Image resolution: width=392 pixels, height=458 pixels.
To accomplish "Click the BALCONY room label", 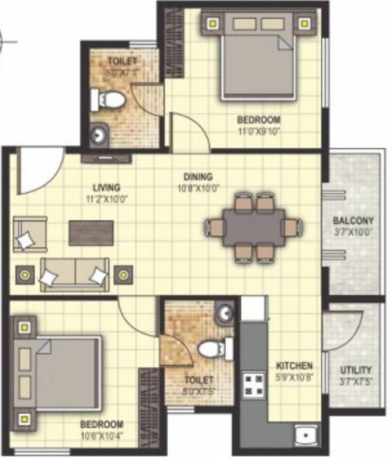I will click(x=353, y=220).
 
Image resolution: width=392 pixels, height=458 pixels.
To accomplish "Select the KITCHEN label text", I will click(x=294, y=365).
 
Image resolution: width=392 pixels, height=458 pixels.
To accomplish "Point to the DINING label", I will click(x=198, y=177).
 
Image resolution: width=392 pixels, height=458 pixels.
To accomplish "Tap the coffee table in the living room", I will click(x=91, y=233).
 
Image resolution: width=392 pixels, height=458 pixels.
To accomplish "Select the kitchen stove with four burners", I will click(x=253, y=385).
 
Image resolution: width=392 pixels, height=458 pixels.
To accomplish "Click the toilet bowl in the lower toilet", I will click(x=214, y=348).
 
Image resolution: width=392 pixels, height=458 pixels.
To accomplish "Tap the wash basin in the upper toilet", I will click(x=98, y=135).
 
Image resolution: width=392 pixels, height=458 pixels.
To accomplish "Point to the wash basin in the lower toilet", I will click(x=225, y=314).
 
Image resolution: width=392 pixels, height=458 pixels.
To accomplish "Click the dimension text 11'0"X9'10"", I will click(x=258, y=131).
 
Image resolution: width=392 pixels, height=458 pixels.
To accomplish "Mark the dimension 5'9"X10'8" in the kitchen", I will click(x=294, y=376).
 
